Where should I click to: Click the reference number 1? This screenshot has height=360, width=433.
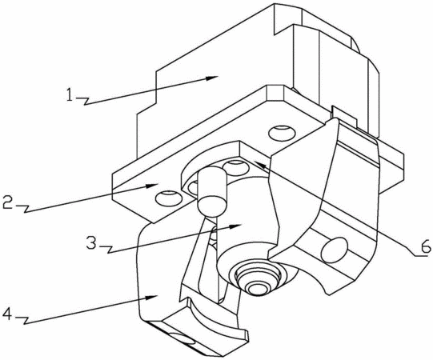tap(70, 94)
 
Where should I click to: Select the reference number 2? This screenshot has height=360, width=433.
tap(7, 202)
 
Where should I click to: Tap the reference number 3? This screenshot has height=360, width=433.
tap(91, 242)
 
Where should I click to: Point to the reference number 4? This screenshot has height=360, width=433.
tap(7, 314)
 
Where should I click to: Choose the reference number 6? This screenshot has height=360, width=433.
tap(425, 246)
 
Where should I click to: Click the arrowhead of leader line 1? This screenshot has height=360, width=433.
tap(212, 78)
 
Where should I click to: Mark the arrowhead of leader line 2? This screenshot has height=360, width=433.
tap(153, 185)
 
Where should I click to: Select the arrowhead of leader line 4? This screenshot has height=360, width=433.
tap(152, 297)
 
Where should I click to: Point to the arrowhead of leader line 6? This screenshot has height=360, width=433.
tap(259, 165)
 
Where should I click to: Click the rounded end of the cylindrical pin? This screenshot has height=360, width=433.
tap(211, 205)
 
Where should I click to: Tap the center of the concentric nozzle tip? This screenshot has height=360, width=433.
tap(257, 289)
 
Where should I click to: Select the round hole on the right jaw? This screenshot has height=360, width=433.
tap(334, 250)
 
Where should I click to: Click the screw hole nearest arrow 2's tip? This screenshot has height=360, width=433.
tap(168, 198)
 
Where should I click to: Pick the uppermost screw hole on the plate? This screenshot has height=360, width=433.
tap(282, 133)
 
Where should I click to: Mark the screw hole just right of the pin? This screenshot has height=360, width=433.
tap(235, 167)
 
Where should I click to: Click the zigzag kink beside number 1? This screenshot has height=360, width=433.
tap(84, 101)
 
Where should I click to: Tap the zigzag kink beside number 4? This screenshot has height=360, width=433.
tap(24, 320)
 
